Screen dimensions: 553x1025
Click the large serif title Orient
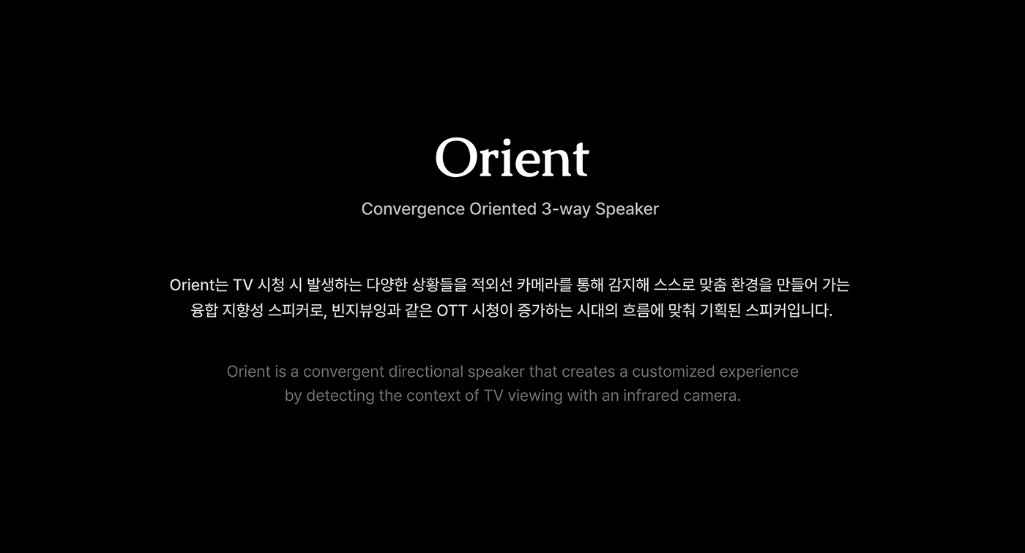pos(512,157)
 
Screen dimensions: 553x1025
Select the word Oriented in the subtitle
pos(503,209)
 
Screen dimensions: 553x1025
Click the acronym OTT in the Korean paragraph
pos(452,310)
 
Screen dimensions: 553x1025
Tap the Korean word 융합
pos(203,310)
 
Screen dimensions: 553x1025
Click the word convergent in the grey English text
pos(343,372)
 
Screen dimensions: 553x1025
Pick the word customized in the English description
pos(673,372)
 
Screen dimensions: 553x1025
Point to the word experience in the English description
pos(758,372)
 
